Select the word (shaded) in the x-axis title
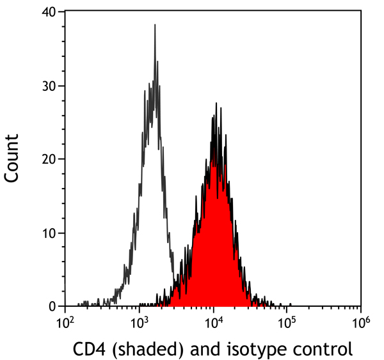pyautogui.click(x=141, y=349)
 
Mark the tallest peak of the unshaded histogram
pyautogui.click(x=155, y=26)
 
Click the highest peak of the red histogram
pyautogui.click(x=216, y=104)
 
